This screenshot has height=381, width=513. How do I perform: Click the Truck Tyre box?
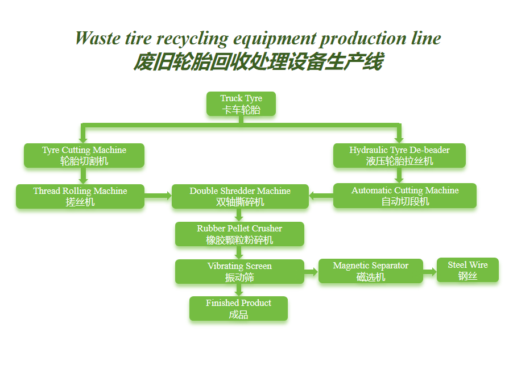click(241, 104)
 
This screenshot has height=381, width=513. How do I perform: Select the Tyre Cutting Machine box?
click(84, 155)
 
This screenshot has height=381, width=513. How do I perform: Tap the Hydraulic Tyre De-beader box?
click(399, 155)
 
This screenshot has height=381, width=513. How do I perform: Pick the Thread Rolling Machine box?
click(80, 196)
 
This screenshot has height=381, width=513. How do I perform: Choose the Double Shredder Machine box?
click(240, 196)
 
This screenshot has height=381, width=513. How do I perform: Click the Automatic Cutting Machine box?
click(405, 196)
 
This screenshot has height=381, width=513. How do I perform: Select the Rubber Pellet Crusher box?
click(239, 234)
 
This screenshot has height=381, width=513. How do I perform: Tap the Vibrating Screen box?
click(239, 272)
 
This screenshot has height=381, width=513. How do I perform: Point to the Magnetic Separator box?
click(371, 271)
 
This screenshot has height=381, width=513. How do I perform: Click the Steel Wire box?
click(468, 270)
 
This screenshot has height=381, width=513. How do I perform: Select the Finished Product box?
click(238, 309)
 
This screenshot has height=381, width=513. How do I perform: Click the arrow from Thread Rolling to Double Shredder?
click(158, 196)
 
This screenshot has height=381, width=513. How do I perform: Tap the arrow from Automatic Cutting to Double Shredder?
click(321, 197)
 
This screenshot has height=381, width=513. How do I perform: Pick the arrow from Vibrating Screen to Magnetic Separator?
click(311, 272)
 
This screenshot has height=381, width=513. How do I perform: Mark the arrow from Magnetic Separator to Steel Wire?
click(430, 272)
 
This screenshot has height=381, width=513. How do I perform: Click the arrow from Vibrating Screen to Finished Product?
click(239, 290)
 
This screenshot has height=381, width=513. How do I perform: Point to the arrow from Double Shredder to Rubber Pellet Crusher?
click(239, 215)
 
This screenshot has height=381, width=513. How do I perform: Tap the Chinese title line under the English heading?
click(258, 61)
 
